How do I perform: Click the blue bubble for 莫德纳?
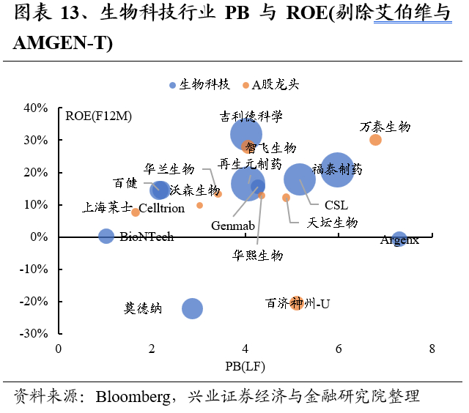pyautogui.click(x=192, y=308)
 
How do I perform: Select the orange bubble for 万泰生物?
pyautogui.click(x=376, y=140)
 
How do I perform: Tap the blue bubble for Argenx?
pyautogui.click(x=399, y=239)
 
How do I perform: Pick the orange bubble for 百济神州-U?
pyautogui.click(x=297, y=302)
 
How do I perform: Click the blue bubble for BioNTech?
pyautogui.click(x=106, y=236)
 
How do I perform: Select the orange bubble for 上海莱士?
pyautogui.click(x=136, y=212)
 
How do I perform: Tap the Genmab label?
pyautogui.click(x=232, y=225)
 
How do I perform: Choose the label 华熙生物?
pyautogui.click(x=257, y=256)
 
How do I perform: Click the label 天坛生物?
pyautogui.click(x=332, y=222)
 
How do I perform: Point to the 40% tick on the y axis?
pyautogui.click(x=36, y=108)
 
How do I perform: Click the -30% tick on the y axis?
pyautogui.click(x=34, y=333)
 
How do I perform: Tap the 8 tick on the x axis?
pyautogui.click(x=432, y=348)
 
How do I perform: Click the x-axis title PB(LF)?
pyautogui.click(x=245, y=364)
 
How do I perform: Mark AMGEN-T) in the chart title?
pyautogui.click(x=63, y=44)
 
